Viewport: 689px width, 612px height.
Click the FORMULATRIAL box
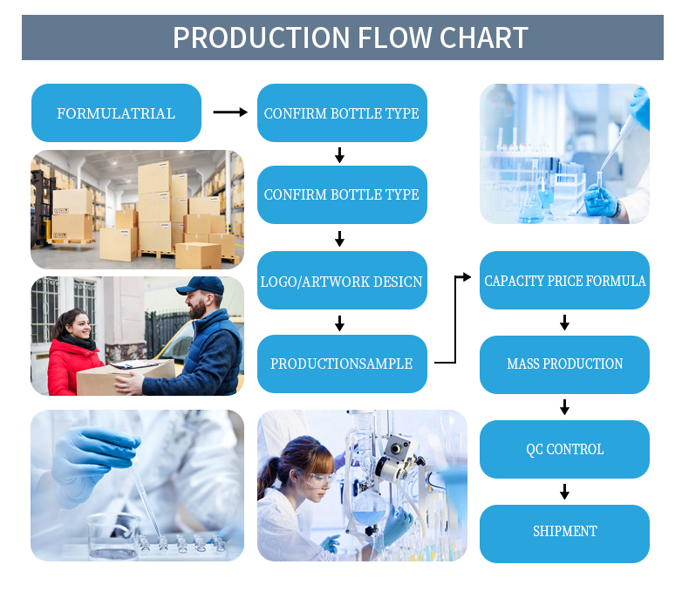[116, 113]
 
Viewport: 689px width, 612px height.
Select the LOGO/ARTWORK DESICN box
[342, 281]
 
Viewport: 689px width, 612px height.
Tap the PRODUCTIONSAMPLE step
[342, 364]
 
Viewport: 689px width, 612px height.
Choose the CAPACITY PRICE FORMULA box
[564, 281]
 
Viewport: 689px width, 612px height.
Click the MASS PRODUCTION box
[564, 364]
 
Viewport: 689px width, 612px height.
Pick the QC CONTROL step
[564, 449]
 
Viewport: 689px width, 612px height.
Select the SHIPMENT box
[564, 531]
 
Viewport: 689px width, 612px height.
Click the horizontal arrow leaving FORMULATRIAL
[230, 112]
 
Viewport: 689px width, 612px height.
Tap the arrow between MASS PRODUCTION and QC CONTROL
[564, 406]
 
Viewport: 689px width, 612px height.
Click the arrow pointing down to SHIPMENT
[564, 491]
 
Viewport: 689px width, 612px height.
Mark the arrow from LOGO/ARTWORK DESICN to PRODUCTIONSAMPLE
[339, 323]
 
